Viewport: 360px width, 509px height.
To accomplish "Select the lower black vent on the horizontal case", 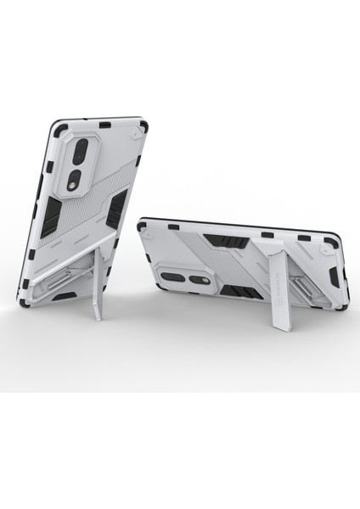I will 235,291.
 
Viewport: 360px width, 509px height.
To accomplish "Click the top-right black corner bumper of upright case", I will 143,127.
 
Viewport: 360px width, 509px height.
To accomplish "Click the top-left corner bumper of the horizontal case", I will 142,226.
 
